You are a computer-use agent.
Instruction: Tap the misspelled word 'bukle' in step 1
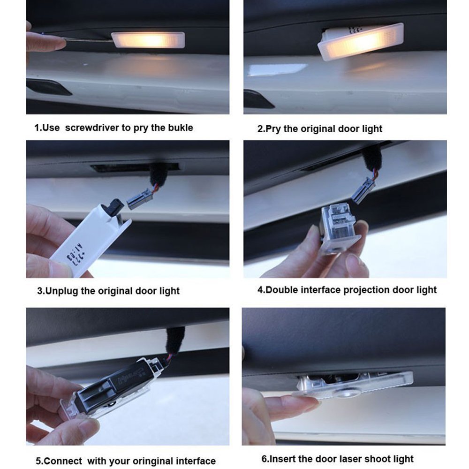(180, 128)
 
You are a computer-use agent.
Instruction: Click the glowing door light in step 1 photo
(148, 40)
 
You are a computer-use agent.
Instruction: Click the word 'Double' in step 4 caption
(280, 290)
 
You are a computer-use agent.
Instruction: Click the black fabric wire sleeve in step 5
(175, 340)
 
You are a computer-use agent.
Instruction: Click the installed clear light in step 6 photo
(356, 385)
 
